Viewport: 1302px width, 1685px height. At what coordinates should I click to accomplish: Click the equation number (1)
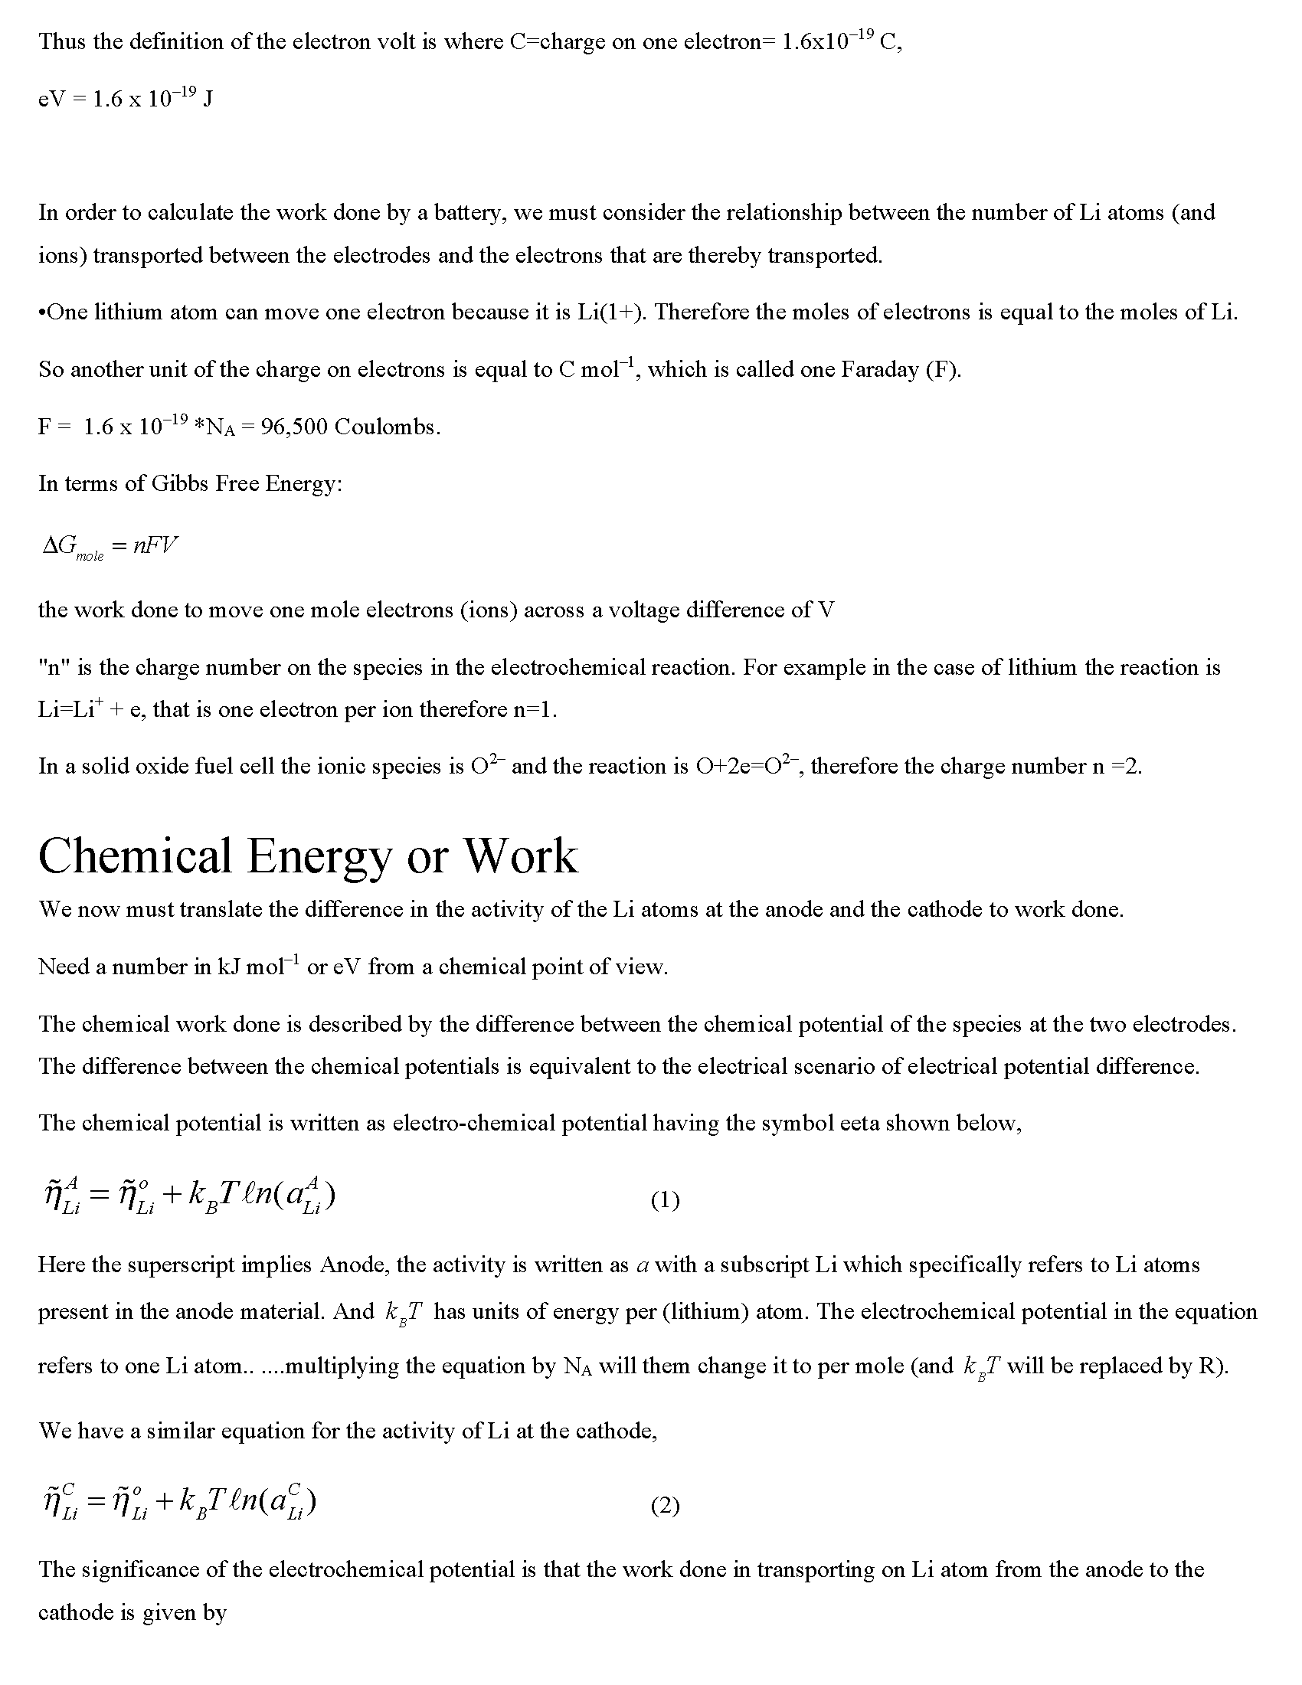click(665, 1200)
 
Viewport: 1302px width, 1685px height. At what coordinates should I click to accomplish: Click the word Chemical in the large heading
click(135, 856)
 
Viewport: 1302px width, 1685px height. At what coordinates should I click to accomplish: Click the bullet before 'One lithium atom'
click(41, 312)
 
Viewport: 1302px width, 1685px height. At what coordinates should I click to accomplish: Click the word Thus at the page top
click(62, 41)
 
